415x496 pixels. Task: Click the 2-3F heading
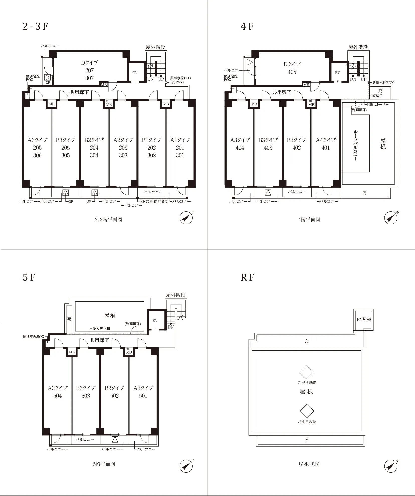[35, 26]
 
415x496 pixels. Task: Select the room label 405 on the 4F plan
[292, 72]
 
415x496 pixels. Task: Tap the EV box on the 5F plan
[155, 320]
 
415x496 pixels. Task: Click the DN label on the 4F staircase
[353, 79]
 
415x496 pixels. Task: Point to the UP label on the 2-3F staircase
[161, 79]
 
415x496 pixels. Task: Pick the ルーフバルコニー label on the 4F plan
[355, 145]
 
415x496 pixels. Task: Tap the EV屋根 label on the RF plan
[364, 319]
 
